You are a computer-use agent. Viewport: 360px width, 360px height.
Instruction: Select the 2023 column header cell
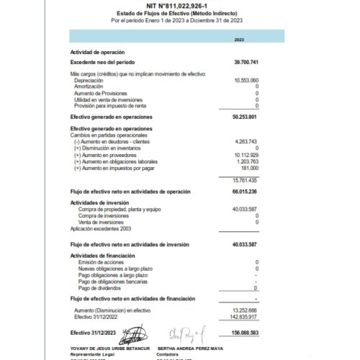pyautogui.click(x=239, y=39)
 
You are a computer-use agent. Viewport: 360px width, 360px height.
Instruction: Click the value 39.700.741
pyautogui.click(x=246, y=63)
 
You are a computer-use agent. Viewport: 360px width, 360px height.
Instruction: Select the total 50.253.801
pyautogui.click(x=246, y=115)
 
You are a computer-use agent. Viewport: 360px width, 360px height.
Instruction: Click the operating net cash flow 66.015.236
pyautogui.click(x=246, y=192)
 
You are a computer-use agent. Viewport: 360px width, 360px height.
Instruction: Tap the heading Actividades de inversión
pyautogui.click(x=99, y=202)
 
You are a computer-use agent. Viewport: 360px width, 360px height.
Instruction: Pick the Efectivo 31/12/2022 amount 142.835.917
pyautogui.click(x=245, y=315)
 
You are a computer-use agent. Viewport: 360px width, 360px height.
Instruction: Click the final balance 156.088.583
pyautogui.click(x=246, y=332)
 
